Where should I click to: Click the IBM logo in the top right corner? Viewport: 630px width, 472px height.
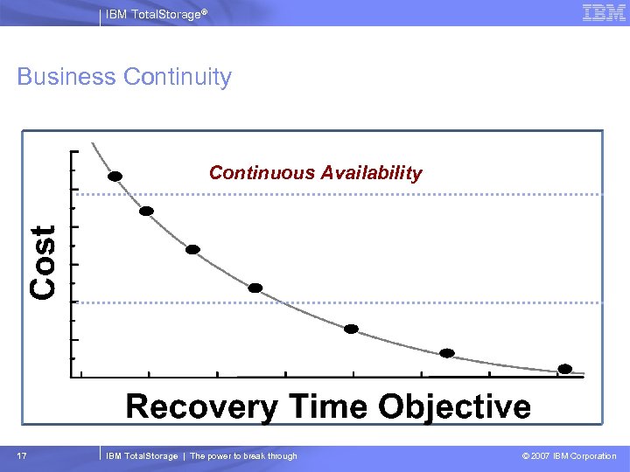[x=604, y=13]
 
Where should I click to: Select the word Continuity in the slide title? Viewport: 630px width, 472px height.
[x=178, y=77]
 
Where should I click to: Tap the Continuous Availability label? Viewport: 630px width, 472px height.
[x=315, y=173]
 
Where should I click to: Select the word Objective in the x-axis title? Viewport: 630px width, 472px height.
[x=455, y=407]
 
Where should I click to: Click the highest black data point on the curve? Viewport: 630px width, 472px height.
[x=115, y=176]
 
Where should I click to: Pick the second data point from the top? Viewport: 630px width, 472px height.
[x=147, y=211]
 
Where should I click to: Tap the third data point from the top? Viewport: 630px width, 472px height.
[x=192, y=249]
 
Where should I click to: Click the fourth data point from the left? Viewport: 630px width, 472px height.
[x=255, y=288]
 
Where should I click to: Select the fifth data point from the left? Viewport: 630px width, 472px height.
[x=351, y=329]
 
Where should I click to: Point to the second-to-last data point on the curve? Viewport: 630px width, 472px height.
[x=447, y=353]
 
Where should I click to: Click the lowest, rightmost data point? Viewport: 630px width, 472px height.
[x=565, y=368]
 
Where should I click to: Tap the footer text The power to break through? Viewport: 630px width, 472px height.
[x=243, y=456]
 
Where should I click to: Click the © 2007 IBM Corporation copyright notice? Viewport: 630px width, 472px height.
[x=569, y=456]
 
